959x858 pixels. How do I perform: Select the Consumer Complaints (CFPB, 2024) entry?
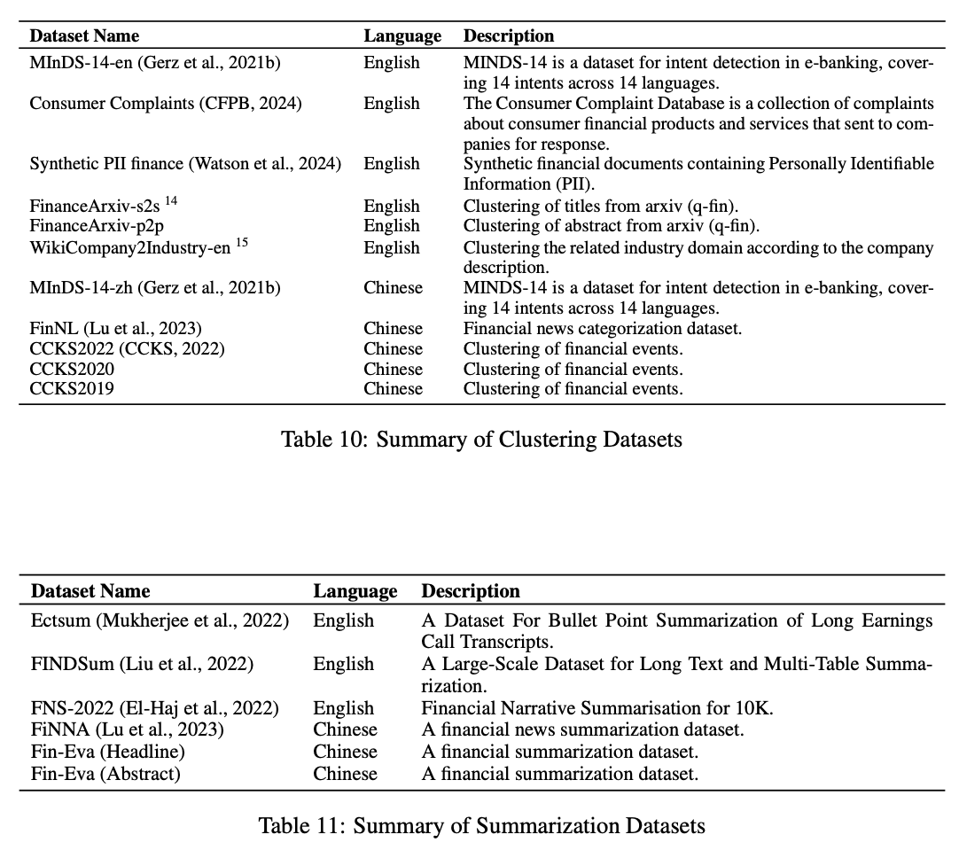click(166, 104)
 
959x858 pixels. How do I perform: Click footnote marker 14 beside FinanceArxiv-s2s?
click(171, 201)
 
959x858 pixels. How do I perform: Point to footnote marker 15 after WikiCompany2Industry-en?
click(242, 243)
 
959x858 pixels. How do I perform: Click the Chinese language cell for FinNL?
click(393, 329)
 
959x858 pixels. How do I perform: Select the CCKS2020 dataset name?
click(72, 369)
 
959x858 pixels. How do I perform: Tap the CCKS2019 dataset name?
click(72, 389)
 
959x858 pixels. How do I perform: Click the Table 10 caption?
click(481, 439)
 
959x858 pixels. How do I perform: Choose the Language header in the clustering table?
click(402, 36)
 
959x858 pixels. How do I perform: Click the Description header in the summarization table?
click(470, 591)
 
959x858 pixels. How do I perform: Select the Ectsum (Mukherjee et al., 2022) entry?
click(160, 621)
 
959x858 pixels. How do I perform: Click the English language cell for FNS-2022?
click(343, 708)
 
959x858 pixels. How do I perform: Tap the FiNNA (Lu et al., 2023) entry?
click(128, 729)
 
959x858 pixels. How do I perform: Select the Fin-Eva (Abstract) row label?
click(105, 774)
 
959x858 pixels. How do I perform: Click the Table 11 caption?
click(481, 826)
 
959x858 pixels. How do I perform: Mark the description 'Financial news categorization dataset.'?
click(602, 329)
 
